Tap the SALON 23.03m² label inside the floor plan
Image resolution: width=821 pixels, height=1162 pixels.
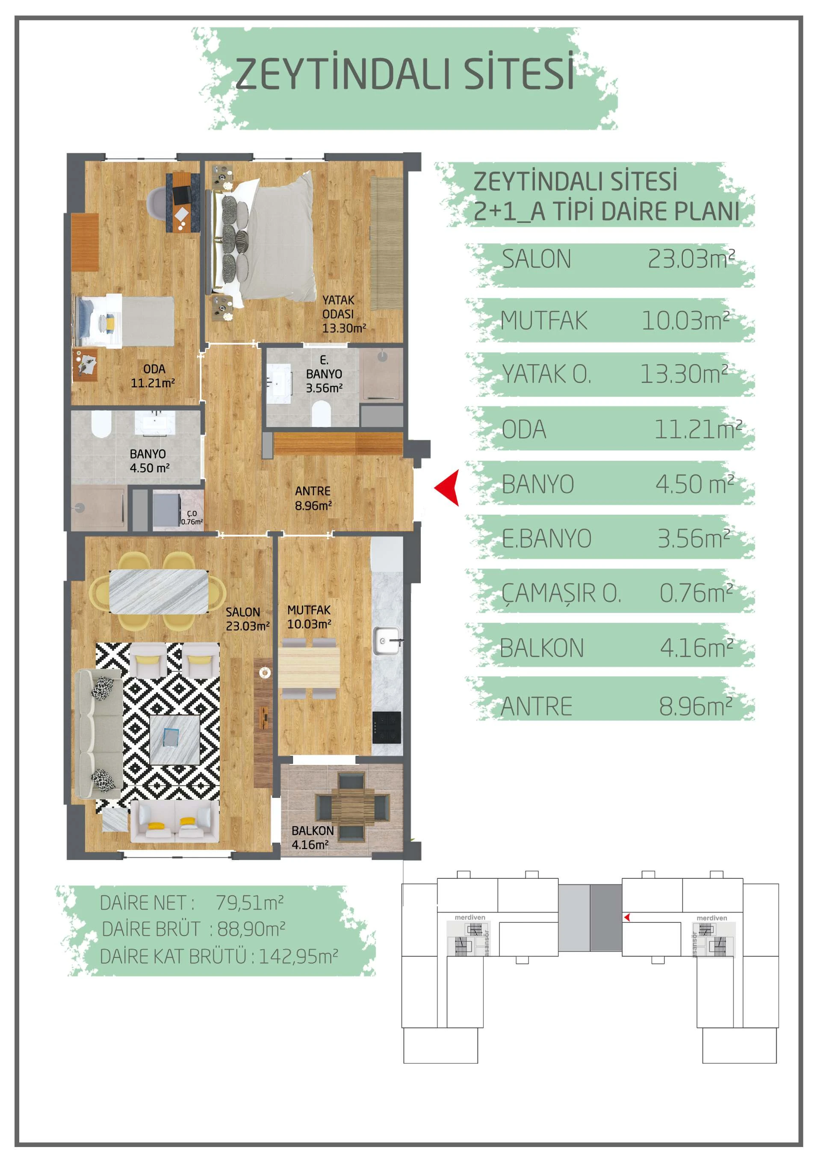pyautogui.click(x=247, y=619)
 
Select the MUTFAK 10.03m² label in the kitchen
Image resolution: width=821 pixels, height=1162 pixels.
pyautogui.click(x=309, y=617)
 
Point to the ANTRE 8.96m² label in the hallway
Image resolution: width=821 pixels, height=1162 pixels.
pyautogui.click(x=313, y=498)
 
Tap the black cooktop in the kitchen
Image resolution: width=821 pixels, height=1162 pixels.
pyautogui.click(x=387, y=727)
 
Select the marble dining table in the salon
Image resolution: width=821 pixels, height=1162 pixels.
pyautogui.click(x=159, y=591)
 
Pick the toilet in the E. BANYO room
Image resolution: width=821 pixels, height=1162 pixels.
pyautogui.click(x=321, y=413)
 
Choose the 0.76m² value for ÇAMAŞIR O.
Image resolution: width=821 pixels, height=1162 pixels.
pyautogui.click(x=696, y=593)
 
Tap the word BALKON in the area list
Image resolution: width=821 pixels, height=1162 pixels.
pyautogui.click(x=542, y=648)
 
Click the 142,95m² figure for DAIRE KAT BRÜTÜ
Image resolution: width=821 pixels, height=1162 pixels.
pyautogui.click(x=298, y=957)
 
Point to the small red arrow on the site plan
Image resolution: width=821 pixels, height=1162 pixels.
pyautogui.click(x=627, y=917)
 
